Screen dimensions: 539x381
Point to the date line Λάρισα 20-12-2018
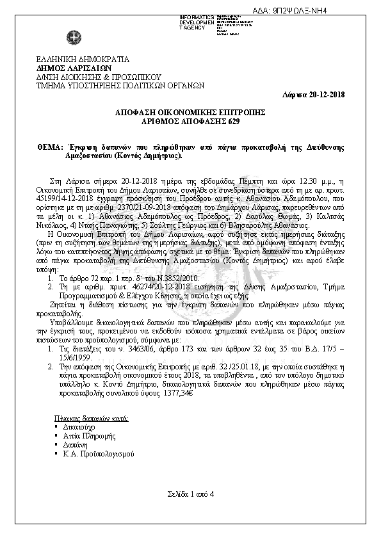(314, 94)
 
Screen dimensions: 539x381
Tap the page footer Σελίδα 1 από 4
(190, 494)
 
